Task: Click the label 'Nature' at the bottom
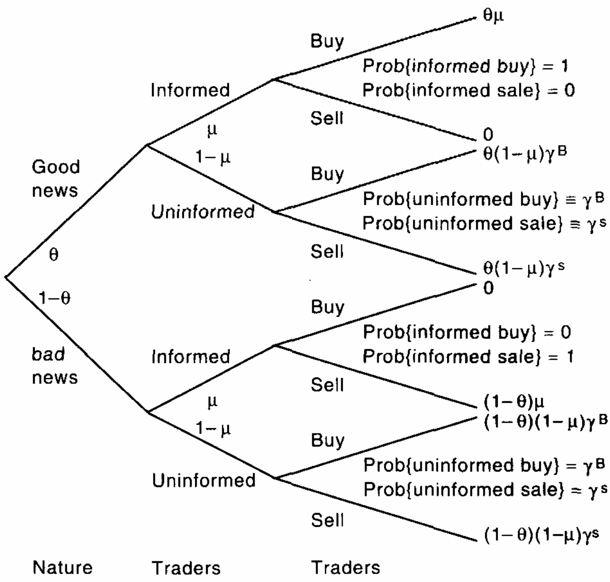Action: click(62, 568)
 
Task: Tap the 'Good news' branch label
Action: click(55, 178)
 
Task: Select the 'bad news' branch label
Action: click(54, 366)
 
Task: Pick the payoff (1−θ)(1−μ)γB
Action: click(545, 421)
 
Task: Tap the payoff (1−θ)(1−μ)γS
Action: click(541, 535)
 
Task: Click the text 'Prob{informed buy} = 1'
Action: click(465, 66)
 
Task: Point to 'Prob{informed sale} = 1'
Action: click(468, 356)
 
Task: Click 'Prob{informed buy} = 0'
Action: click(467, 332)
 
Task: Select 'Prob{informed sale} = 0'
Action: click(468, 91)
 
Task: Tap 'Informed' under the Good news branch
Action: click(190, 90)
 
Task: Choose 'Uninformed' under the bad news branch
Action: click(204, 480)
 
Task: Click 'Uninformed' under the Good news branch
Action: click(203, 212)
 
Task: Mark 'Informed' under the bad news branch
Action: click(191, 357)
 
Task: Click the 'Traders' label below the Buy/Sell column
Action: click(346, 568)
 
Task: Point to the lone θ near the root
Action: click(54, 255)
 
